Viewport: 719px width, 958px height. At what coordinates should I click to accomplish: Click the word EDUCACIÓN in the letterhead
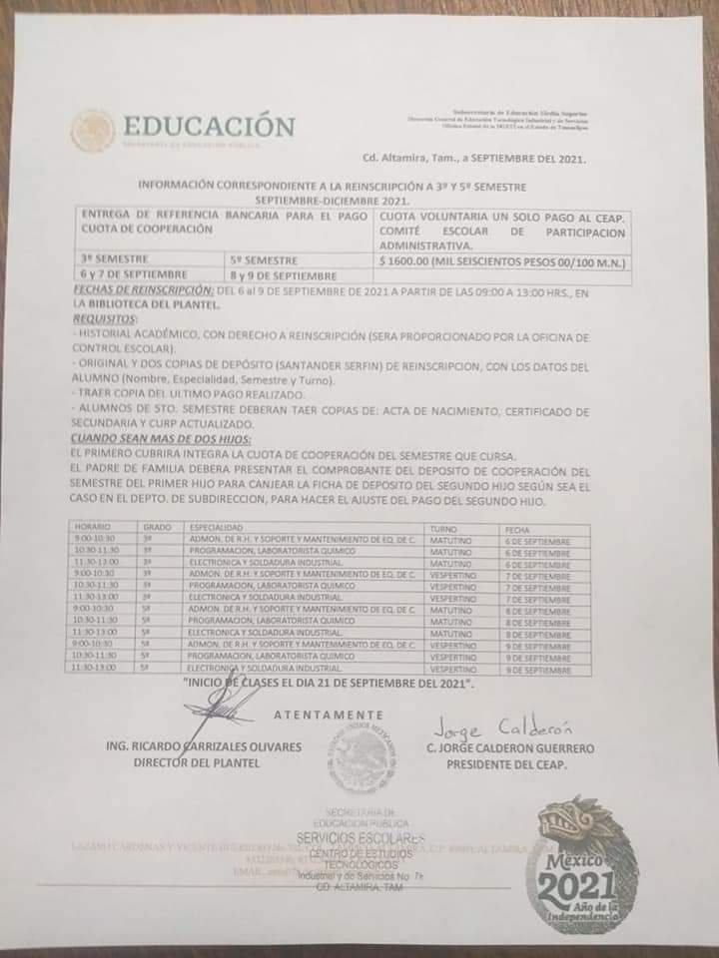point(209,127)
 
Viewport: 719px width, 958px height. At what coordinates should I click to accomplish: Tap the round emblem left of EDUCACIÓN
point(93,131)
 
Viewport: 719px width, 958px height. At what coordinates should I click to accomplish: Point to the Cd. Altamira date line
point(473,159)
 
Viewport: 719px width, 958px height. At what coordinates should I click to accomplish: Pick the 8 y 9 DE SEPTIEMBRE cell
point(283,273)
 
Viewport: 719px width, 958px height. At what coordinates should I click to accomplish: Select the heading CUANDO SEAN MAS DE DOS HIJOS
point(161,437)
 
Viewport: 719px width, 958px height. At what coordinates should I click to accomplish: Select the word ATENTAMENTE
point(330,715)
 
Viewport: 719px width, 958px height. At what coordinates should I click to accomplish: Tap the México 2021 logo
point(583,866)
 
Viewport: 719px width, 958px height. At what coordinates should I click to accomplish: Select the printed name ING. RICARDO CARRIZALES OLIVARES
point(203,747)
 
